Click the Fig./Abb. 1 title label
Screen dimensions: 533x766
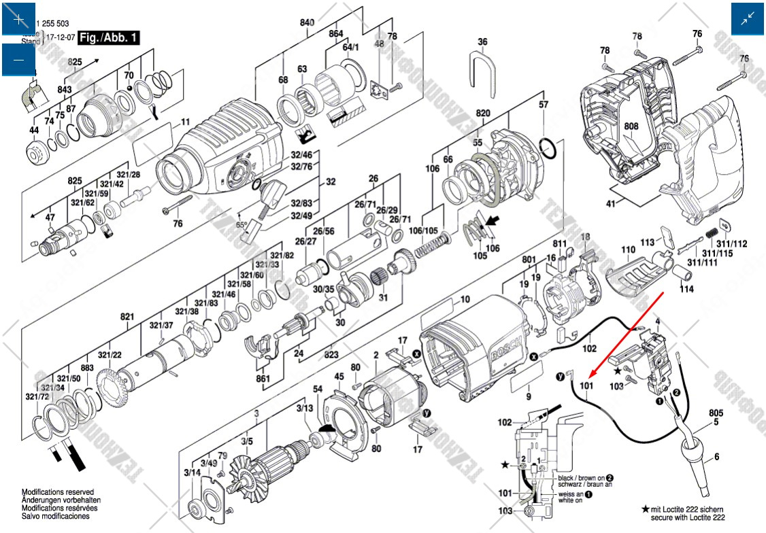tap(109, 38)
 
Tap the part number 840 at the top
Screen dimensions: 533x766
tap(307, 22)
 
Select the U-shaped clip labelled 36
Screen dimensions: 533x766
tap(482, 67)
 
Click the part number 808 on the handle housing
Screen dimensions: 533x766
tap(631, 126)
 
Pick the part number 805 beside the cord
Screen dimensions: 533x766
tap(716, 413)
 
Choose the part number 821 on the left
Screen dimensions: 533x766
tap(127, 317)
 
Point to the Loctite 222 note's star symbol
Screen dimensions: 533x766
tap(646, 509)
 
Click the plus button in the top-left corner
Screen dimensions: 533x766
tap(18, 19)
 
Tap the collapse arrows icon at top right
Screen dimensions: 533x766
tap(748, 19)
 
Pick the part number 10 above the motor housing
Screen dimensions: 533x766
tap(465, 299)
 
